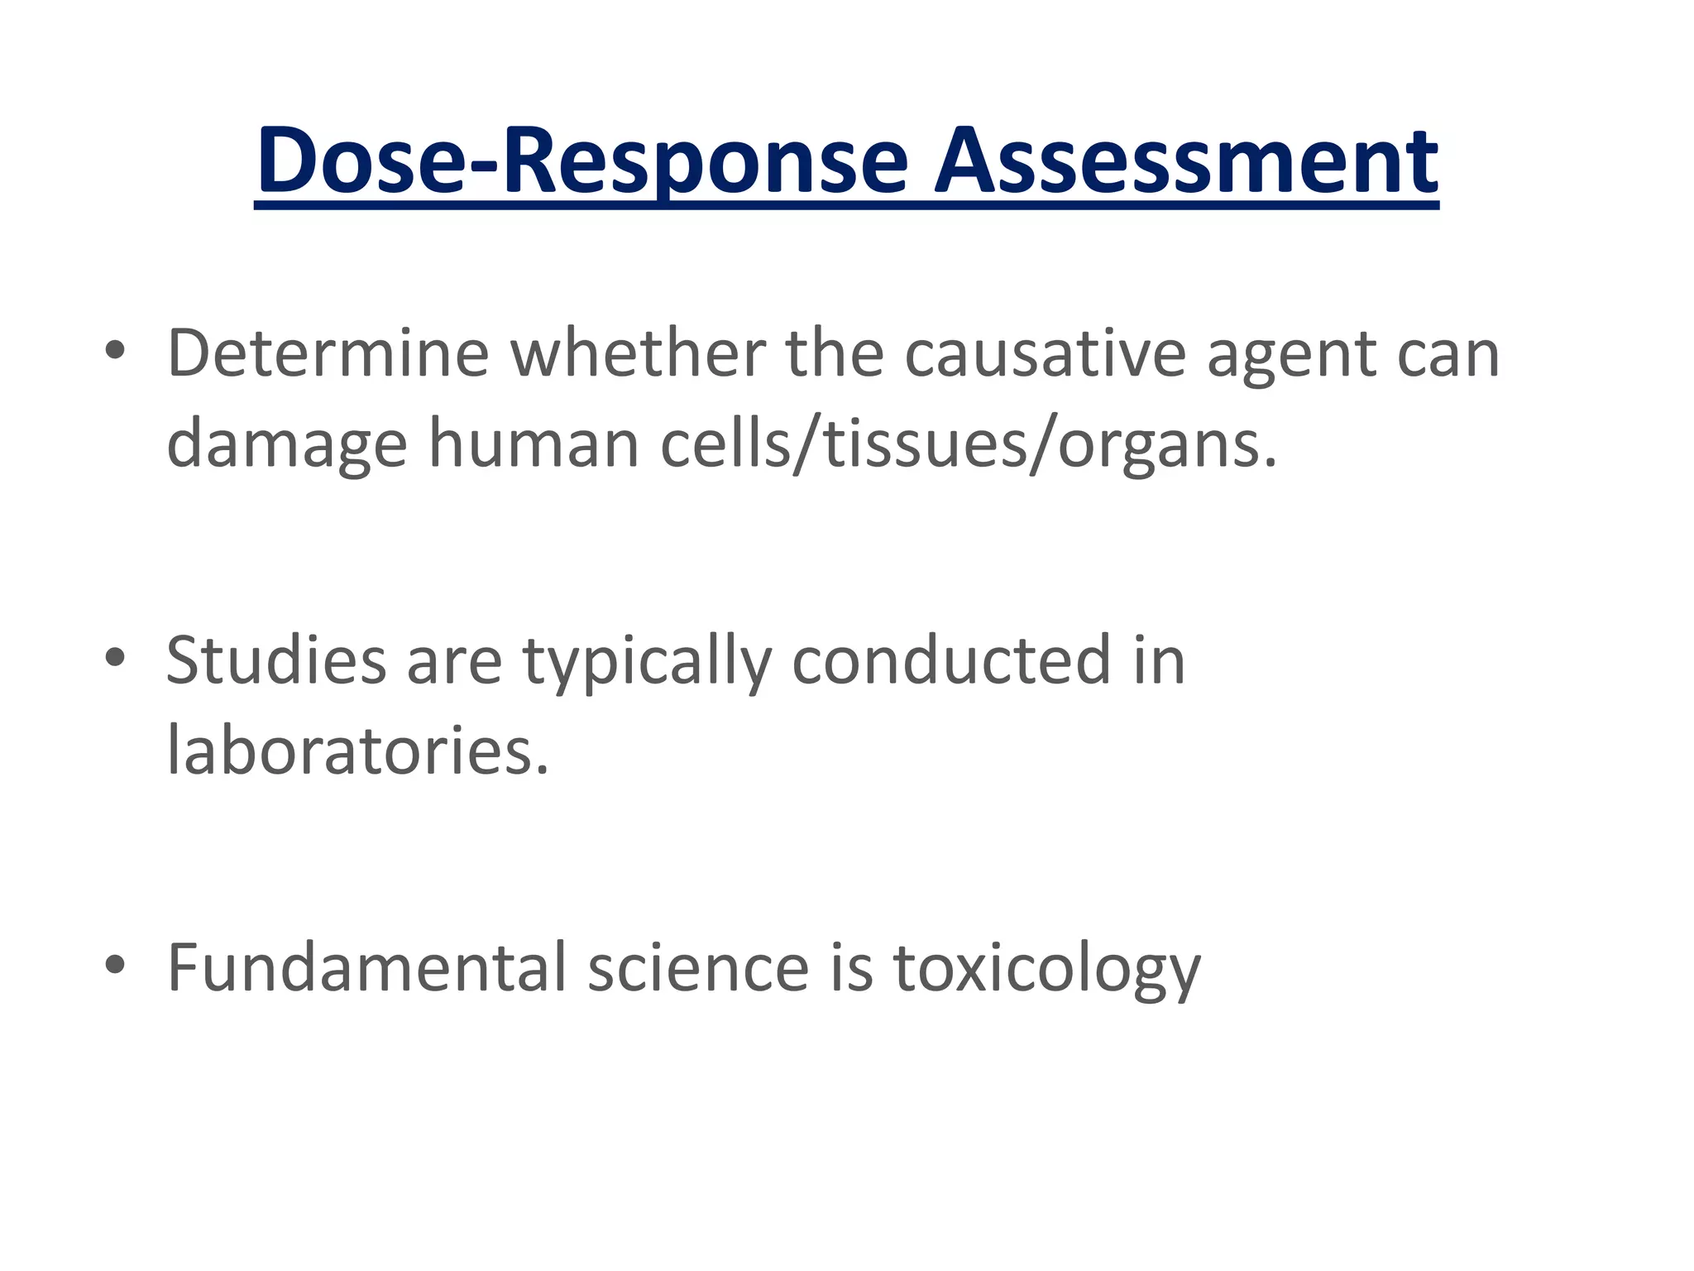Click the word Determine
click(x=328, y=354)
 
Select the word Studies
click(x=276, y=660)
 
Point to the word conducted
click(x=950, y=660)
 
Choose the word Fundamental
click(x=366, y=967)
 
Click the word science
click(x=697, y=967)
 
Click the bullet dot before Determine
click(x=115, y=351)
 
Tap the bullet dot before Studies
click(x=115, y=657)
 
